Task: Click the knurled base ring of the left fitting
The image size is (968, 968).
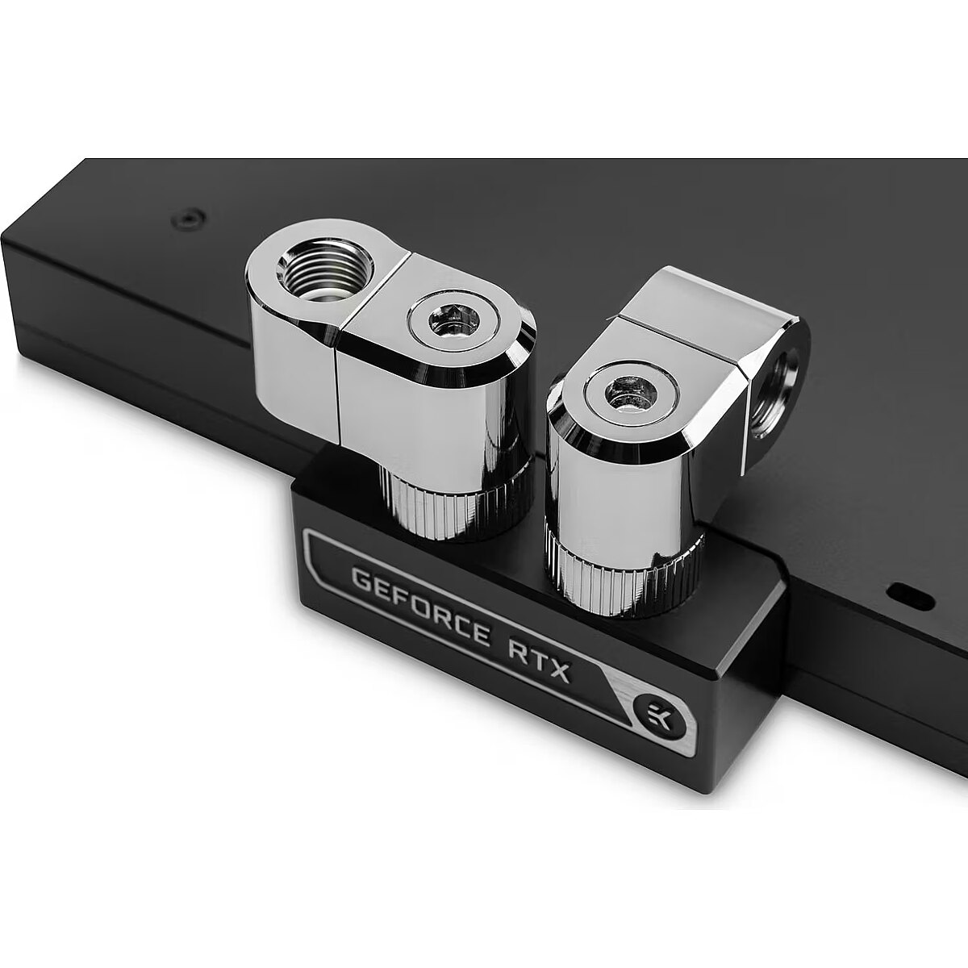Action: coord(453,508)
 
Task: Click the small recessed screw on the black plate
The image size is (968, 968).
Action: coord(187,219)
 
